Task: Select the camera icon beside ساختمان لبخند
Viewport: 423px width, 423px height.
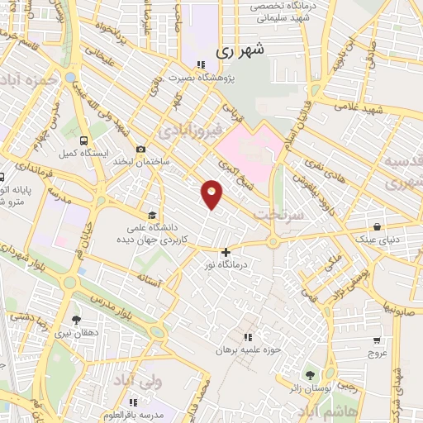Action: pos(140,150)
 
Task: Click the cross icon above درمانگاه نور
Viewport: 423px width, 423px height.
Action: pos(226,253)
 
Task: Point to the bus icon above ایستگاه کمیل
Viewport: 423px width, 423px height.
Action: pos(83,140)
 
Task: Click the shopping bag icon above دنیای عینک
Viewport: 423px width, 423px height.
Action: pos(377,226)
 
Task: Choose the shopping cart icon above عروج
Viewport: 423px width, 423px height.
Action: pos(377,340)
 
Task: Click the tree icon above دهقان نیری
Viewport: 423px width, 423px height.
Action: pos(76,320)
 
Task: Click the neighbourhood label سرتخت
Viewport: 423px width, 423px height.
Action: pos(283,213)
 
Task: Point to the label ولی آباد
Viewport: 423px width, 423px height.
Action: pos(158,384)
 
